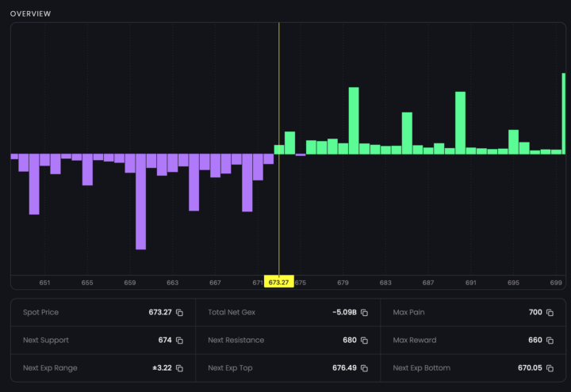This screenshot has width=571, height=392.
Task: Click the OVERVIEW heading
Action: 30,13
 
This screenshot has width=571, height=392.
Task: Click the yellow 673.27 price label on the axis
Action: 278,283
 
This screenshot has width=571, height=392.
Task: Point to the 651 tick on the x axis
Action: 44,283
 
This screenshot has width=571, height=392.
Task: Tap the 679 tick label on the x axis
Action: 343,283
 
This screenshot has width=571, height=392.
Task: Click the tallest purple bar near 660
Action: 140,201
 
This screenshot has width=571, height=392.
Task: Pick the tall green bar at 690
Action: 460,123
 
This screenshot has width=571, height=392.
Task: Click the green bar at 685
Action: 407,133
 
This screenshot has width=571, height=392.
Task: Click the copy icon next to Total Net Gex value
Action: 364,313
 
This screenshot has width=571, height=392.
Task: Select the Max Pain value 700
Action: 535,313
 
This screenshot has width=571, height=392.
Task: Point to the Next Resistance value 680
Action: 349,341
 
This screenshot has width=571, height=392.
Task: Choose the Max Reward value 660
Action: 535,341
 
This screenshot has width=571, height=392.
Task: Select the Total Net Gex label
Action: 232,313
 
